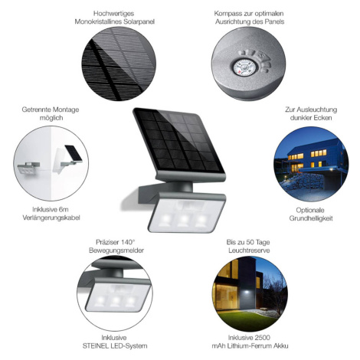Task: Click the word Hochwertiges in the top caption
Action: tap(113, 14)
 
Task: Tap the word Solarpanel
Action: tap(139, 21)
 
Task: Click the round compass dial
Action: tap(244, 67)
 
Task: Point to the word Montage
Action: tap(65, 110)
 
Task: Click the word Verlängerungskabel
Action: tap(51, 218)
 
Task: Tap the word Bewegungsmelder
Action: tap(116, 250)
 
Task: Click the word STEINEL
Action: tap(97, 346)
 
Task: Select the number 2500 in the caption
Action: tap(262, 338)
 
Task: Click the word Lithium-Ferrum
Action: tap(248, 346)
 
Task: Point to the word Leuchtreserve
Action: tap(249, 250)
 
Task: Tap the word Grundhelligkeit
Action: tap(311, 218)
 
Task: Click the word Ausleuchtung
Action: tap(317, 110)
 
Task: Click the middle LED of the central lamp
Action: tap(183, 220)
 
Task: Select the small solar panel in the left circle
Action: tap(74, 153)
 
